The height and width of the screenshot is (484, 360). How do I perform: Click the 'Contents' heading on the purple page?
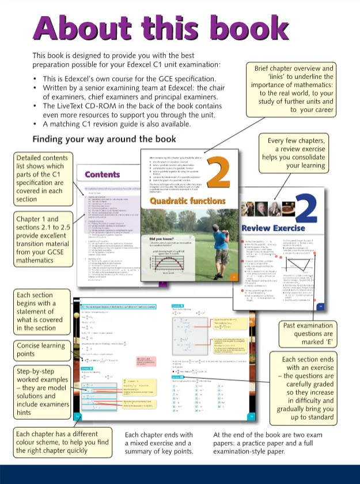103,174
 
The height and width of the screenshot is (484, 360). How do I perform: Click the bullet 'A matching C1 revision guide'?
115,123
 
